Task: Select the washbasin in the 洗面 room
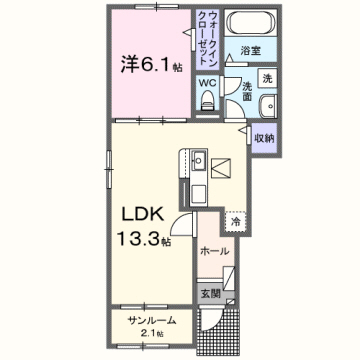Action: click(x=267, y=109)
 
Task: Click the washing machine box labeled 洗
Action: click(x=266, y=78)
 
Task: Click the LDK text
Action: click(x=140, y=216)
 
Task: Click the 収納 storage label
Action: click(x=264, y=137)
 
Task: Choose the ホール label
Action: click(x=214, y=251)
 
